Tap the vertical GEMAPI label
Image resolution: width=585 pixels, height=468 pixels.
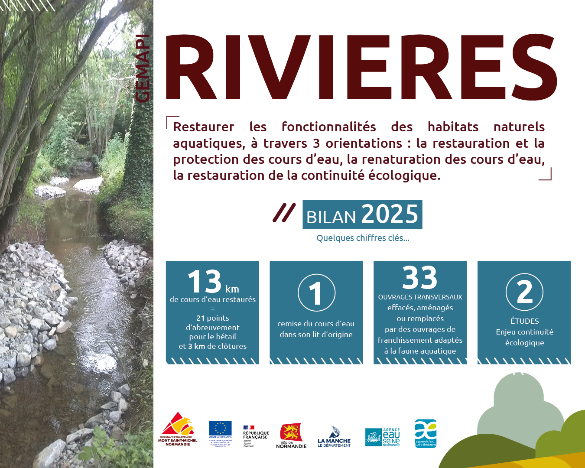click(142, 68)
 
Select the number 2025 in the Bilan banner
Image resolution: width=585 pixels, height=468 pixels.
click(390, 214)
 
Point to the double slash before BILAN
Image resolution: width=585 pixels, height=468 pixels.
click(284, 213)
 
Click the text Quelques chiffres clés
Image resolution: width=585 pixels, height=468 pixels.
click(363, 238)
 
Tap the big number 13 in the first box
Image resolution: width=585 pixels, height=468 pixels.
click(205, 282)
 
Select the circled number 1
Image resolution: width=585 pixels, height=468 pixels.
click(316, 293)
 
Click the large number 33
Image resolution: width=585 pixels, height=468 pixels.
click(419, 278)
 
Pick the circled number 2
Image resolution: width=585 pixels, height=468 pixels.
click(524, 292)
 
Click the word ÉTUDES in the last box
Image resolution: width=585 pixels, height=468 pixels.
click(524, 321)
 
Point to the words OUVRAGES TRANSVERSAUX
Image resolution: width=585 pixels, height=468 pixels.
click(420, 297)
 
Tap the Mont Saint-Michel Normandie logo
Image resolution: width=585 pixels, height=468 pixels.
click(178, 429)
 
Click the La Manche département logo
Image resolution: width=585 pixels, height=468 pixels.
click(334, 437)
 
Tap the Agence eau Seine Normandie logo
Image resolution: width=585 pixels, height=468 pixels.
click(383, 437)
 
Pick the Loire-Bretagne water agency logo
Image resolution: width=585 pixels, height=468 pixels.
click(426, 433)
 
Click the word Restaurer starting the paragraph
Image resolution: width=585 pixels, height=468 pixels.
click(204, 127)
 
